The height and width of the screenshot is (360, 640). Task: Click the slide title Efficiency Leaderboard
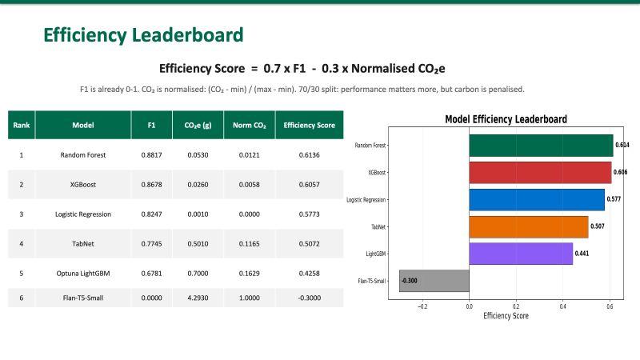point(143,35)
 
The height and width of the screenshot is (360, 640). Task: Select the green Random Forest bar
point(541,145)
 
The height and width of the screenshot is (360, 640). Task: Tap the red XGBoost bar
point(540,173)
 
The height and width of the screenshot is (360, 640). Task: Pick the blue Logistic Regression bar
point(536,199)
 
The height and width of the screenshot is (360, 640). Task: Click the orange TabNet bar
point(528,226)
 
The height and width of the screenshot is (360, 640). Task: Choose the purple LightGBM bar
point(520,254)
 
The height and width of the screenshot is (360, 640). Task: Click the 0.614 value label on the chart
point(622,146)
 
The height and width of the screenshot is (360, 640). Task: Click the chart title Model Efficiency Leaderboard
point(506,119)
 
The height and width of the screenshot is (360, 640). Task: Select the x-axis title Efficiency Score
point(506,316)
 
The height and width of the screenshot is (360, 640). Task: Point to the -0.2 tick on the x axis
point(422,306)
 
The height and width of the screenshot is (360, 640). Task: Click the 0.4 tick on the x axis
point(563,306)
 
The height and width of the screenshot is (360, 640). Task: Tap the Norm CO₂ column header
point(249,126)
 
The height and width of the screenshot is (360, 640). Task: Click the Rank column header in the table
point(22,126)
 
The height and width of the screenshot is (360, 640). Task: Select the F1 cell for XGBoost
point(152,184)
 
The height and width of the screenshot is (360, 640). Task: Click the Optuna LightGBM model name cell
point(83,273)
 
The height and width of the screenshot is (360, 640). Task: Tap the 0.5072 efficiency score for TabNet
point(309,243)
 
